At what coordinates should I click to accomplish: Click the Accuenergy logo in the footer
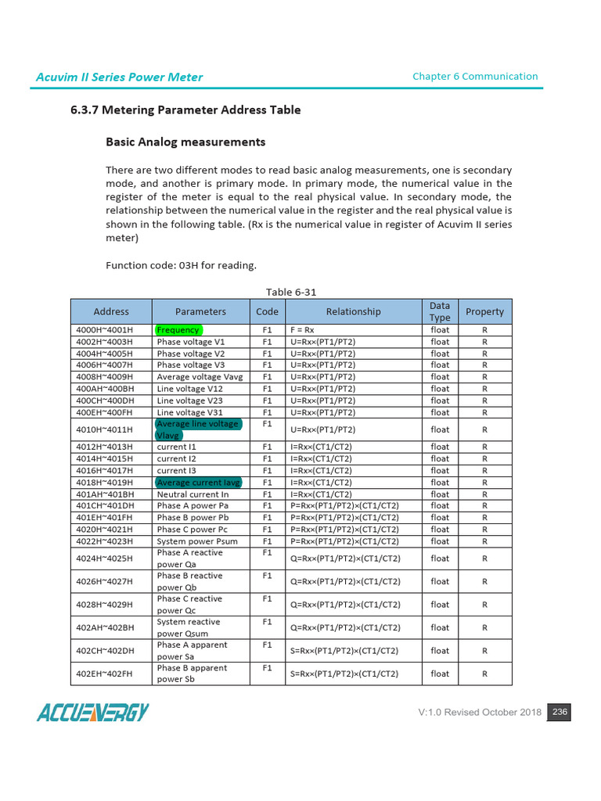coord(92,713)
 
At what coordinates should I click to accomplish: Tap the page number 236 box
coord(559,712)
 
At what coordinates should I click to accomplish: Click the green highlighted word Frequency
coord(178,330)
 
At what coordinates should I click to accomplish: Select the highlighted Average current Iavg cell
coord(199,483)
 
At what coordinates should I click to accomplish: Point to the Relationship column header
coord(353,311)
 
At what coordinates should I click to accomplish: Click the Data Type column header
coord(440,311)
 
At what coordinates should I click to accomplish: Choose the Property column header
coord(484,311)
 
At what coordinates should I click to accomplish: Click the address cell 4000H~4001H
coord(105,330)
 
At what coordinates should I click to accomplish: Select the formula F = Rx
coord(306,330)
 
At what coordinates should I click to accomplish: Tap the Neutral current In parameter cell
coord(193,494)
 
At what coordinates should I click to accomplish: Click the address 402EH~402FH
coord(105,673)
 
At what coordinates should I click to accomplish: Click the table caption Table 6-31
coord(291,292)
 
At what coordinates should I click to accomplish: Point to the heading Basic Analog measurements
coord(185,142)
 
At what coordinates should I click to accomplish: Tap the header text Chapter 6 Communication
coord(475,76)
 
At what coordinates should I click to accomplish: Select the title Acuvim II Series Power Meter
coord(119,77)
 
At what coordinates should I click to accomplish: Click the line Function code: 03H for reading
coord(181,265)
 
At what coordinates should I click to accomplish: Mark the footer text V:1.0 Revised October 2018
coord(480,713)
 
